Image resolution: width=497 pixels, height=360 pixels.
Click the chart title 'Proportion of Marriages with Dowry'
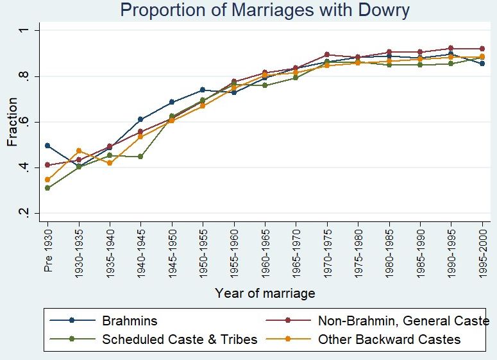264,10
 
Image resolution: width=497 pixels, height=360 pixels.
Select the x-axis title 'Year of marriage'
265,293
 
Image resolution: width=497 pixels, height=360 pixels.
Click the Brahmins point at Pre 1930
47,146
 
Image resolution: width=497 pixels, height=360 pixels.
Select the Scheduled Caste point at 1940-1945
140,157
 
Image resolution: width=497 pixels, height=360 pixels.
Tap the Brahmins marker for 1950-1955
203,90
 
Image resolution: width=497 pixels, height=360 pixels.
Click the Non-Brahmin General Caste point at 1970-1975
327,55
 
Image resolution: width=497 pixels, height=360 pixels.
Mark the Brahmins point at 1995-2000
482,64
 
